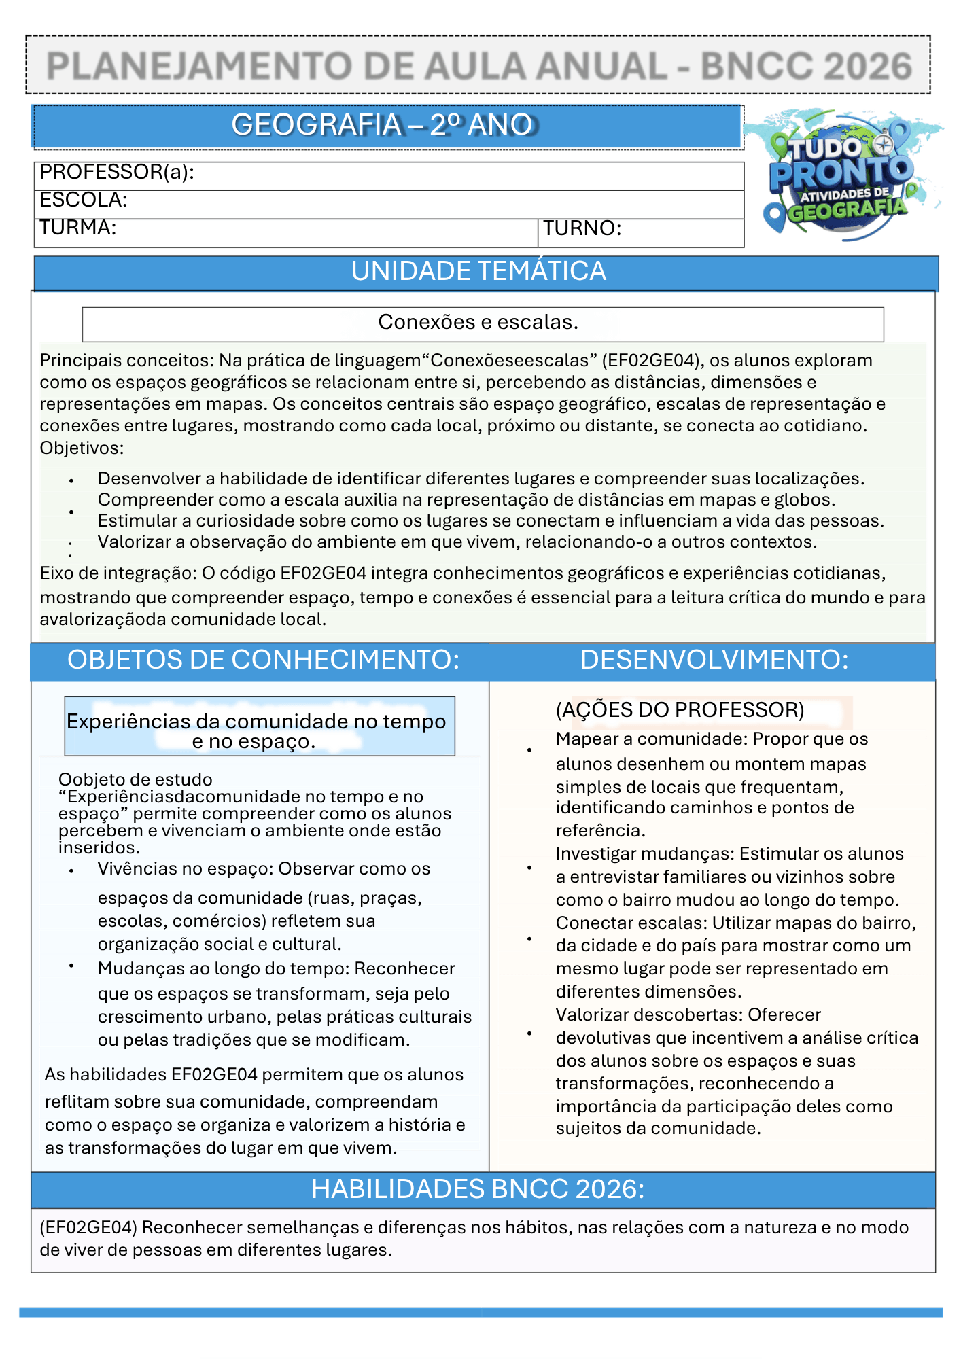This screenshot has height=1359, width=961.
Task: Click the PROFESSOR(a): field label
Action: click(x=117, y=173)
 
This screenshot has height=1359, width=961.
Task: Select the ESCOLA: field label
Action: click(x=84, y=200)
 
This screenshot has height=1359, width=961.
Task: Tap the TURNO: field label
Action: click(x=582, y=228)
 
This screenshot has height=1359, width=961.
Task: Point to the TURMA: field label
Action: click(x=78, y=228)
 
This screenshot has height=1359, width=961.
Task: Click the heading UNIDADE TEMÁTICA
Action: click(x=478, y=272)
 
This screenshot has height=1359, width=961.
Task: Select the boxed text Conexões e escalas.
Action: click(x=478, y=322)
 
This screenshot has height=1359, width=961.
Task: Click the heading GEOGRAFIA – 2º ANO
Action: click(x=384, y=125)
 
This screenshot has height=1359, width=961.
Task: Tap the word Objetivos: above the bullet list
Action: click(x=82, y=448)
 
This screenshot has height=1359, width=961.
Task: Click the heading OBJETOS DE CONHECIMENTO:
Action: click(x=263, y=660)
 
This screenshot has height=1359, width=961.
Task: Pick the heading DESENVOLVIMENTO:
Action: click(x=714, y=660)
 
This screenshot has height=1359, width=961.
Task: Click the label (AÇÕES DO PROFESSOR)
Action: click(x=680, y=710)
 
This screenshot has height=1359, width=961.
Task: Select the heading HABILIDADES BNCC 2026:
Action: click(x=478, y=1189)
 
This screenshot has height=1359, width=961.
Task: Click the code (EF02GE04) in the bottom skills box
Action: click(x=88, y=1227)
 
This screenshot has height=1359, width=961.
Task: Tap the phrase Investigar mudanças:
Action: click(x=644, y=854)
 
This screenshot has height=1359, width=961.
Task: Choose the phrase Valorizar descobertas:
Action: click(x=649, y=1015)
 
